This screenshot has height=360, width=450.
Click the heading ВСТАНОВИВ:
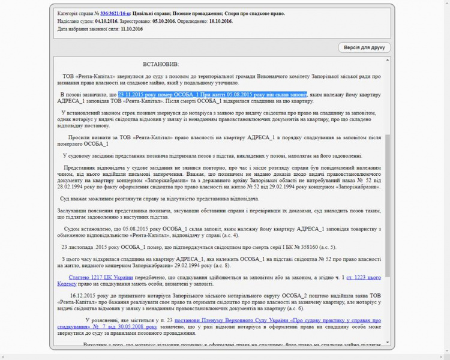click(161, 64)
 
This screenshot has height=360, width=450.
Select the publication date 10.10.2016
click(221, 21)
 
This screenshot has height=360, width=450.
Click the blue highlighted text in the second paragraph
click(212, 95)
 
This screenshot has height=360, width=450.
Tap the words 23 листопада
click(76, 247)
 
